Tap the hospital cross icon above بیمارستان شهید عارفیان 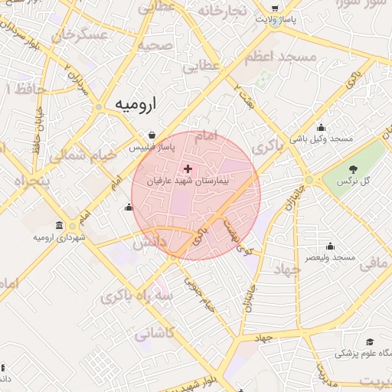point(188,168)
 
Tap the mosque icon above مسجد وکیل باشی point(320,127)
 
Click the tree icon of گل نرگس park point(352,168)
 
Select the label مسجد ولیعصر point(331,258)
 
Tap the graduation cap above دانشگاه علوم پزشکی point(370,341)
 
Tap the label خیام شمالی point(83,155)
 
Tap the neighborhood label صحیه point(155,45)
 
